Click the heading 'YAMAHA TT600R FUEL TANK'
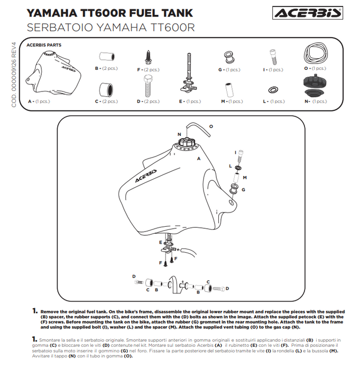(x=109, y=13)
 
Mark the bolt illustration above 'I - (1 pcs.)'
(x=273, y=55)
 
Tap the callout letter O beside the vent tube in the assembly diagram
(x=210, y=127)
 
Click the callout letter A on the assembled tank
(x=199, y=158)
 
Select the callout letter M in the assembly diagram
(x=244, y=178)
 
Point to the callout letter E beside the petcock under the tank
(x=160, y=242)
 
